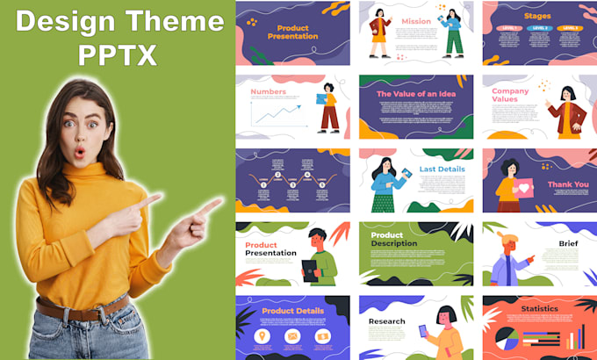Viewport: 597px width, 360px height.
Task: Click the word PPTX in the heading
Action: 117,54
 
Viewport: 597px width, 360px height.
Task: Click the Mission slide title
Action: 416,21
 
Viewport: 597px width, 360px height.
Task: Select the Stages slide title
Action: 536,15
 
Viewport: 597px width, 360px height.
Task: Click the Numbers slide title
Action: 268,91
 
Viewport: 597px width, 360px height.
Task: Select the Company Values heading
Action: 510,95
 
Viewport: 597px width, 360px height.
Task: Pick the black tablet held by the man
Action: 310,267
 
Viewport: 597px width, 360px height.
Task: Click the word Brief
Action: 569,243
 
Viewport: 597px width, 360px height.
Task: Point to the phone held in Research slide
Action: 422,331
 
